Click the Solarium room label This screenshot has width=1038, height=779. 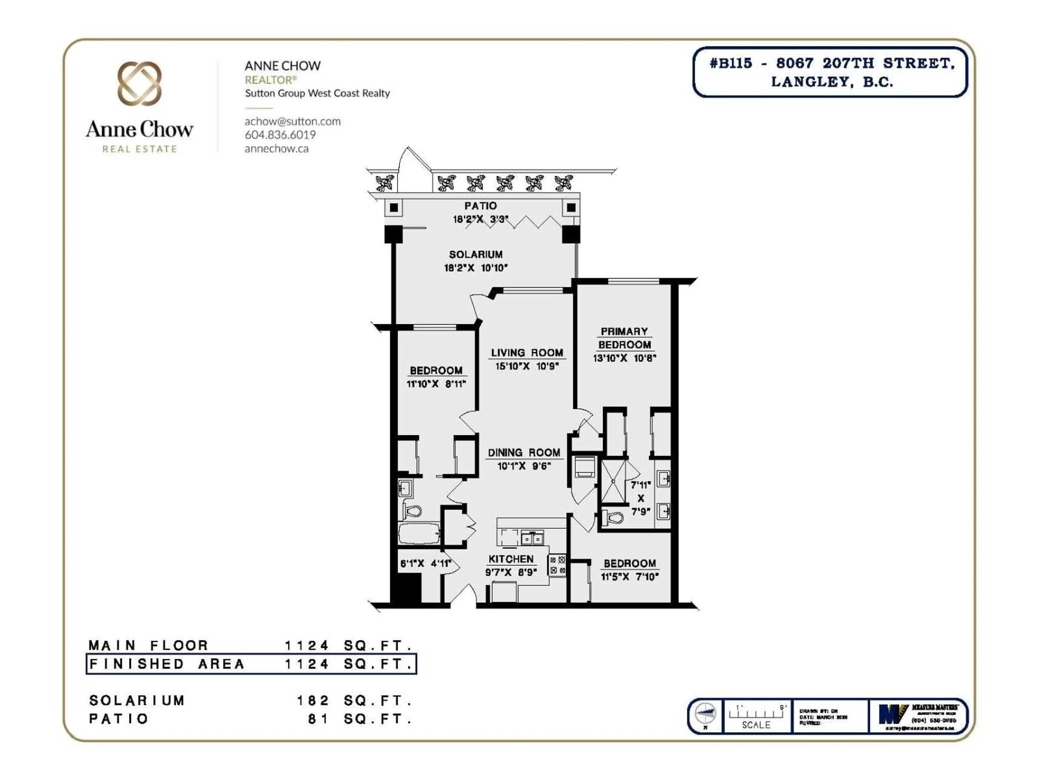[476, 255]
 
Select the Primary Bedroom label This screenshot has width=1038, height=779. [624, 338]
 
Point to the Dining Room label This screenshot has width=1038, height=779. [524, 453]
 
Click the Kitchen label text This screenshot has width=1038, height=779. [511, 559]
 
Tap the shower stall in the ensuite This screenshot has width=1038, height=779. [613, 481]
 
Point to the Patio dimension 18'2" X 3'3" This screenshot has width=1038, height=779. [481, 219]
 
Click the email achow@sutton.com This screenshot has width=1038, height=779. [292, 121]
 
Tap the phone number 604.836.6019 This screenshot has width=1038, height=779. [280, 135]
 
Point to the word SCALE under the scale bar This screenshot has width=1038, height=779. [756, 725]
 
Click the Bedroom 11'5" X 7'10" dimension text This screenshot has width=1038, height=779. [630, 577]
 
